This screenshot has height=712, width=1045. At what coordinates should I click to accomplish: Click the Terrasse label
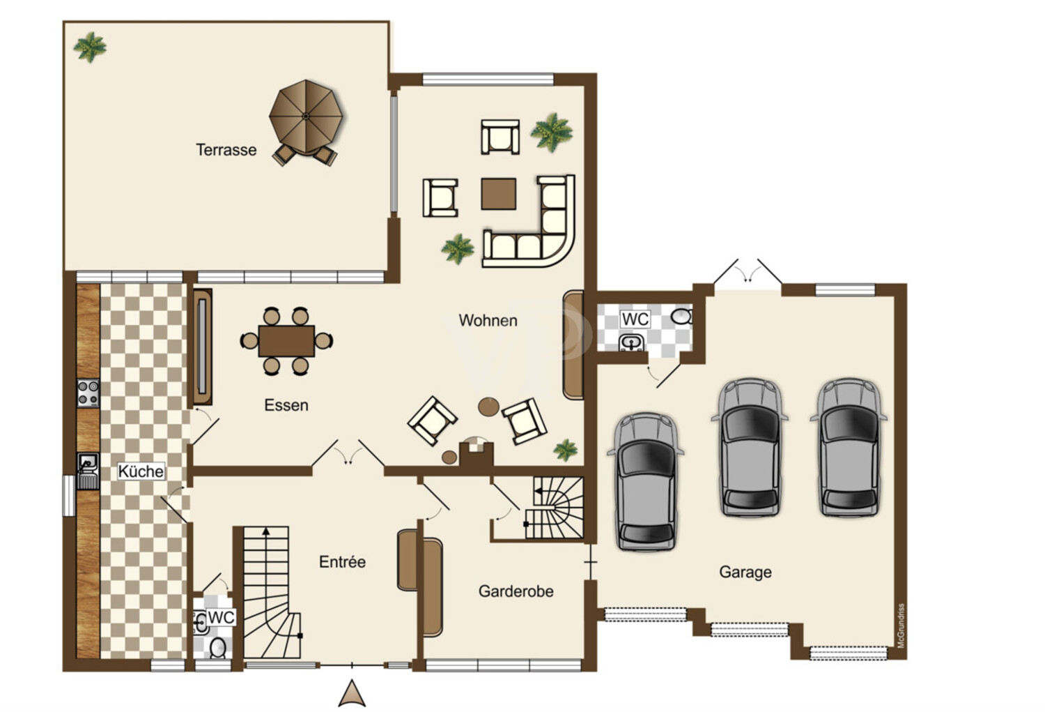click(x=226, y=150)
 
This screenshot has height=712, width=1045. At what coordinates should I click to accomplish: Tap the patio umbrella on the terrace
click(x=306, y=116)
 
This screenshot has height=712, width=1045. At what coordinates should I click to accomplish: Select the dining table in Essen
click(x=286, y=341)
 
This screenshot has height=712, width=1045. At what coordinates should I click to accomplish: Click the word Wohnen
click(x=488, y=320)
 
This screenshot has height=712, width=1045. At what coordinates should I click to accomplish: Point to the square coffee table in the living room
click(x=498, y=193)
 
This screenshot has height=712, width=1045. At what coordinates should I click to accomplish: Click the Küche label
click(x=141, y=471)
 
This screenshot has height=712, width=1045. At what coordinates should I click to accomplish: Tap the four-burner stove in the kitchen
click(x=88, y=393)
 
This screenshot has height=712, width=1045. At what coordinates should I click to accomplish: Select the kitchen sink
click(x=88, y=471)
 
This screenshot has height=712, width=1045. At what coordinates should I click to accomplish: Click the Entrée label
click(x=342, y=561)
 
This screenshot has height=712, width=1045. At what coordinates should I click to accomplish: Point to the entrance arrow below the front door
click(x=352, y=693)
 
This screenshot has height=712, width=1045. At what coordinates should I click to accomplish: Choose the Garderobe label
click(x=516, y=591)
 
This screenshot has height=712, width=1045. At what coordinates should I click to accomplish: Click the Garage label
click(x=745, y=572)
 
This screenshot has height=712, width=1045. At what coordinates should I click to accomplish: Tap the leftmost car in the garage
click(x=646, y=481)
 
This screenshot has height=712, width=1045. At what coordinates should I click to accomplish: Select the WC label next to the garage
click(x=635, y=319)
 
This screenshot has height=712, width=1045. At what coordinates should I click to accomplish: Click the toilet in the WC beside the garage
click(x=681, y=316)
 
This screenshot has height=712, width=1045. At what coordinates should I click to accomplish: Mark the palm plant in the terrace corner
click(x=90, y=47)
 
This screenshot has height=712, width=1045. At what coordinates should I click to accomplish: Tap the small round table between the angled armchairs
click(x=488, y=407)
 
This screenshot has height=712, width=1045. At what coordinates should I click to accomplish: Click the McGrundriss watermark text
click(x=901, y=626)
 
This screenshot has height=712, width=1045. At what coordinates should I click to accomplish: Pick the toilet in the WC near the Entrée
click(x=218, y=648)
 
